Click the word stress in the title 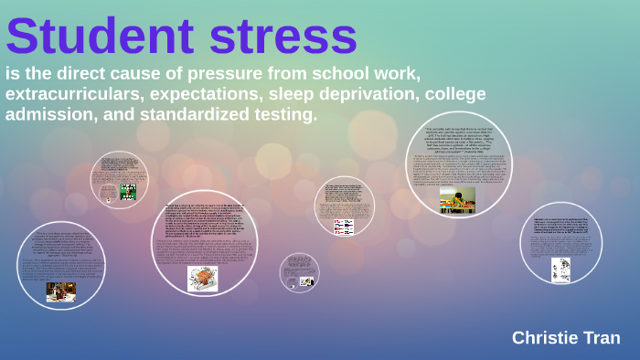point(283,37)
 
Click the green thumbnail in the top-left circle point(129,192)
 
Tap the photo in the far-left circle point(61,291)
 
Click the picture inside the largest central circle point(203,278)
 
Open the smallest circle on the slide point(299,272)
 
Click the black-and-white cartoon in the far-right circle point(560,270)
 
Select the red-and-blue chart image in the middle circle point(344,226)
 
